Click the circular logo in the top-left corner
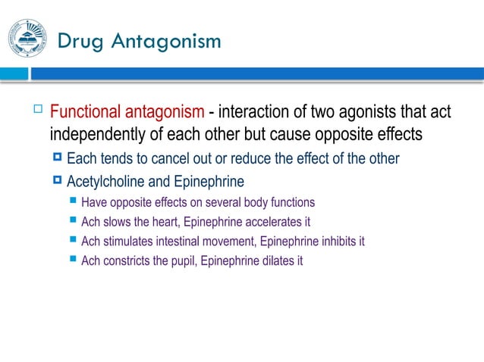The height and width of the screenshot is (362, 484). click(x=27, y=39)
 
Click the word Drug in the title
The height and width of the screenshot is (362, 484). click(x=81, y=41)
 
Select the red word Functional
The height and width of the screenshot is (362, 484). click(x=84, y=113)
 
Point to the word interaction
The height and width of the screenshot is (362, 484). click(x=255, y=113)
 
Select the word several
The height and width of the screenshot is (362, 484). click(x=216, y=203)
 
